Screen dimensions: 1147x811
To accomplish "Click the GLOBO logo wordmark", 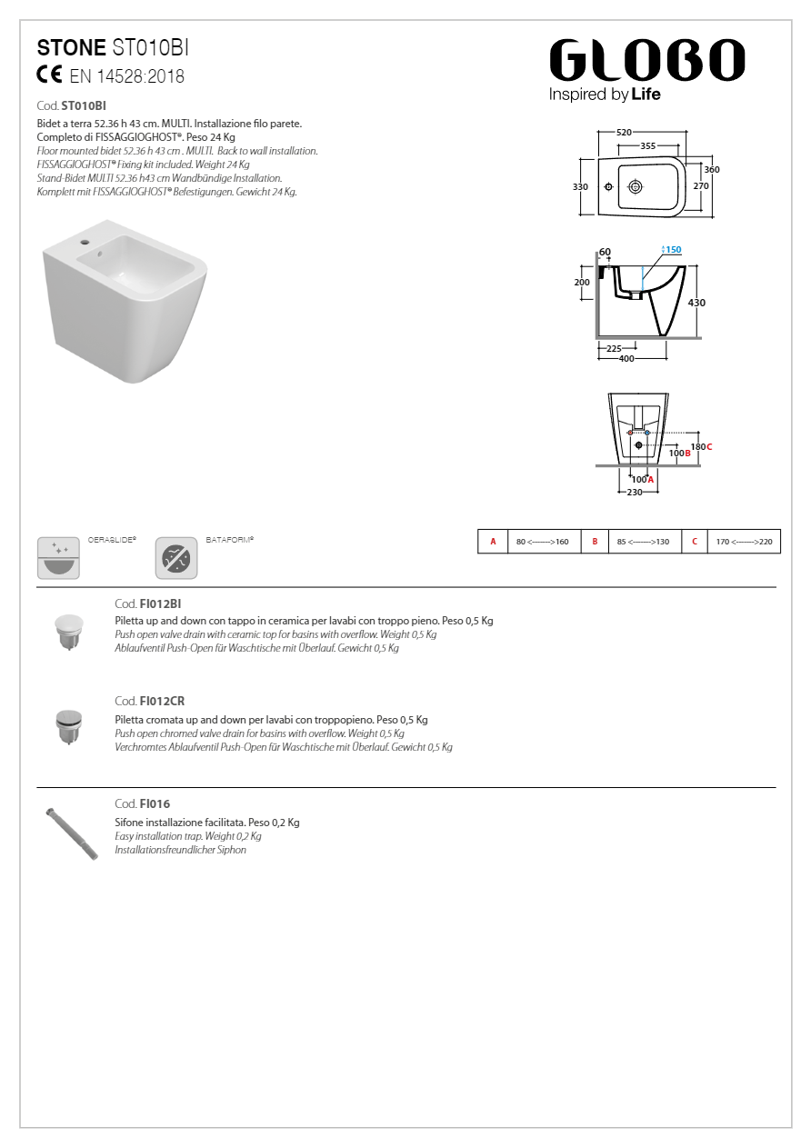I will point(646,61).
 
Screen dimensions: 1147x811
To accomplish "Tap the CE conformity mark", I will point(49,75).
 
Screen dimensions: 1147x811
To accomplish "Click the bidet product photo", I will point(124,304).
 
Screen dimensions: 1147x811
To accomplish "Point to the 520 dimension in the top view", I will point(624,133).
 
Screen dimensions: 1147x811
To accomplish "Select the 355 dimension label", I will point(647,145).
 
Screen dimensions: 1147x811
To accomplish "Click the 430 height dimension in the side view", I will point(696,303).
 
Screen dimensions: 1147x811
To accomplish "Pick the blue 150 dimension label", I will point(672,250).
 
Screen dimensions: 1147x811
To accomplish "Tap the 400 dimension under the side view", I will point(626,359).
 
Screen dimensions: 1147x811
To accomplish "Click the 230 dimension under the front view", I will point(634,493).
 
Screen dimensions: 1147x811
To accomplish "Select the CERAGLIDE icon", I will point(59,557).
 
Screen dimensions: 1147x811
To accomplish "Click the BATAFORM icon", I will point(176,557).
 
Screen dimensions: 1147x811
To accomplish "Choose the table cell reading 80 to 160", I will point(543,542).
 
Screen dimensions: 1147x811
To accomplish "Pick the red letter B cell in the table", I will point(595,542).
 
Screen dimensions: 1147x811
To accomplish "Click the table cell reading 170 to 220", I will point(744,542).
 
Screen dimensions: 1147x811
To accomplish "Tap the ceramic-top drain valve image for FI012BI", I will point(69,630).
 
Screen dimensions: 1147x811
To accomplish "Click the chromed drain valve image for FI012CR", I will point(69,726).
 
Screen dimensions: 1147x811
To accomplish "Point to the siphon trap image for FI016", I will point(73,832).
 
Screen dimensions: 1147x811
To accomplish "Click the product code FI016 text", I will point(155,804).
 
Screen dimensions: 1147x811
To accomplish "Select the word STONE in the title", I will point(72,48).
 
